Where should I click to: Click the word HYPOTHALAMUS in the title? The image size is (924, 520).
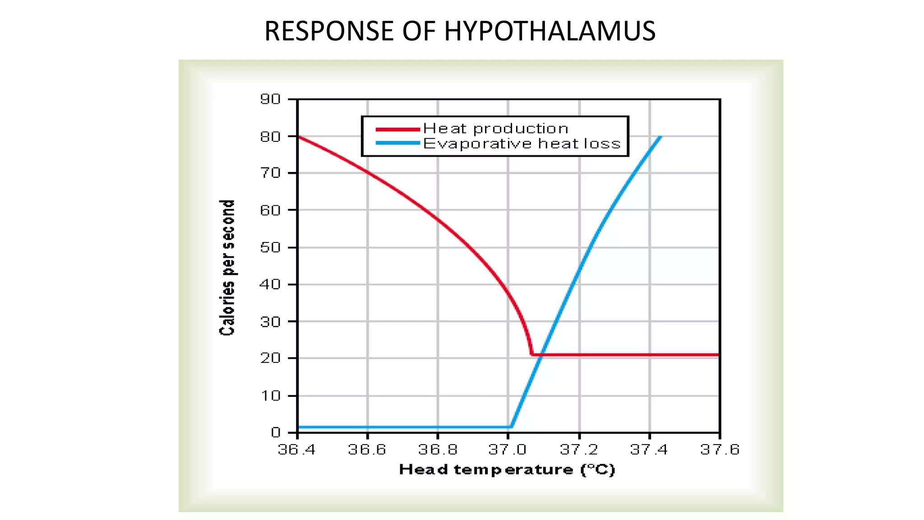click(x=550, y=31)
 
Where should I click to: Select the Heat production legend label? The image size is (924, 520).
click(x=495, y=129)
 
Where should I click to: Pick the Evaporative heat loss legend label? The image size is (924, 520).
click(x=522, y=144)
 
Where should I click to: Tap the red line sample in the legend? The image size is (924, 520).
click(x=398, y=130)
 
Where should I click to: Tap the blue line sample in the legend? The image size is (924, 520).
click(x=398, y=144)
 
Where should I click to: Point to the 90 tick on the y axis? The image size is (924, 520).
click(x=270, y=99)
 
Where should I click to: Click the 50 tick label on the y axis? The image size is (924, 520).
click(x=270, y=247)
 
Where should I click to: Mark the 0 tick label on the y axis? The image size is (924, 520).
click(x=276, y=432)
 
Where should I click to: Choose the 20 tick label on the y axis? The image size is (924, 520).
click(x=270, y=358)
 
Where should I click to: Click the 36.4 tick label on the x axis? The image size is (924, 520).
click(x=296, y=450)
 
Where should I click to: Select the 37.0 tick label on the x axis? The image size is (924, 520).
click(x=508, y=450)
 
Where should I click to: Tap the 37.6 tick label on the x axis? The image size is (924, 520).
click(x=720, y=450)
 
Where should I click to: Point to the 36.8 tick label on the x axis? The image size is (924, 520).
click(x=438, y=450)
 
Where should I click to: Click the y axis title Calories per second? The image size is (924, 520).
click(x=227, y=268)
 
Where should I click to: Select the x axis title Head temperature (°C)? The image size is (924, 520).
click(x=507, y=470)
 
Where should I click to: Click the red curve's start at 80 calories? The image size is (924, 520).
click(x=298, y=136)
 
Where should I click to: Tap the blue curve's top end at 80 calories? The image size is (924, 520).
click(x=660, y=137)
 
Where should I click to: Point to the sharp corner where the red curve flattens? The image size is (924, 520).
click(x=532, y=355)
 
